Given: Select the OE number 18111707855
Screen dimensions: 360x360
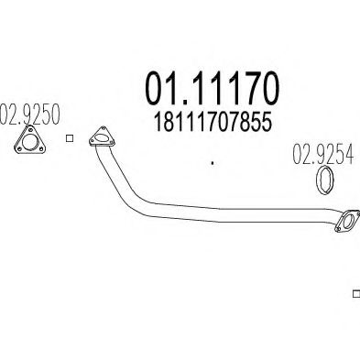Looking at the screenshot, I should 213,120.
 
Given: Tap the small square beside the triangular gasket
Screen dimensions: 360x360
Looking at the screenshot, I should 70,139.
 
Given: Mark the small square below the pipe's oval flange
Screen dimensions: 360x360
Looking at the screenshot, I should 355,294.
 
